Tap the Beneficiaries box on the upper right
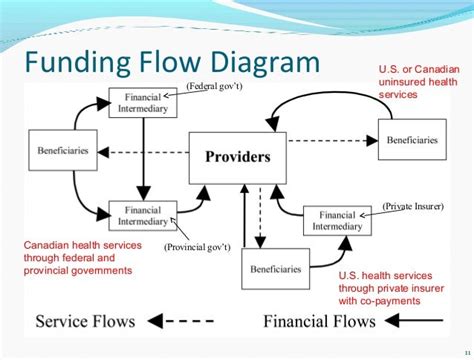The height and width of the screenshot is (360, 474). [409, 137]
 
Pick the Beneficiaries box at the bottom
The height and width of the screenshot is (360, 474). [274, 269]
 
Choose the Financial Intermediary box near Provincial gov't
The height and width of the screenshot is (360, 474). [142, 214]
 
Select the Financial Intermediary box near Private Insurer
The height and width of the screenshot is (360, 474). [341, 219]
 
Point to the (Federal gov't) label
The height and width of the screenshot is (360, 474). [213, 87]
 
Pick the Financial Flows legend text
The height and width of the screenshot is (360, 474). [320, 321]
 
